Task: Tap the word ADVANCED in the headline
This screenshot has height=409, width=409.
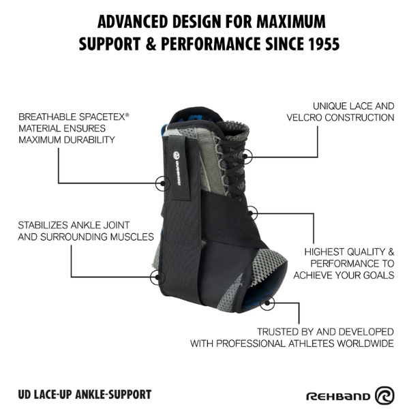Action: (132, 21)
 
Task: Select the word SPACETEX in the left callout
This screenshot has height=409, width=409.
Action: (102, 117)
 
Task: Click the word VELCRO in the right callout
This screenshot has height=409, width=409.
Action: (304, 118)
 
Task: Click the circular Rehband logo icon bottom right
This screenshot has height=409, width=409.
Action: (384, 395)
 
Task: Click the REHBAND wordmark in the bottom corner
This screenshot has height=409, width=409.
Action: (338, 397)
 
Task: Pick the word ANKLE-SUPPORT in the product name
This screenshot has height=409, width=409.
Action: (113, 395)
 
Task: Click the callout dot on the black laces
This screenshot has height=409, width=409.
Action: (245, 156)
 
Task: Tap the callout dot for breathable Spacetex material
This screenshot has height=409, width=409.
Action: (162, 183)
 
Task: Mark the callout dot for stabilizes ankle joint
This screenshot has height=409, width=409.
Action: (157, 277)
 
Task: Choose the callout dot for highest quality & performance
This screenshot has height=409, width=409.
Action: (250, 213)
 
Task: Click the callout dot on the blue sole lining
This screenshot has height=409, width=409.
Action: (267, 303)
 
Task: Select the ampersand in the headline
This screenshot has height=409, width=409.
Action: (151, 44)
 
